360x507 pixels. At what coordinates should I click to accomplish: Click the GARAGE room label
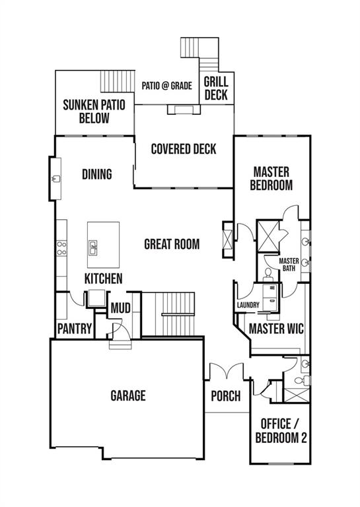click(x=127, y=395)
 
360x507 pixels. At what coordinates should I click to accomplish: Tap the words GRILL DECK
click(x=215, y=88)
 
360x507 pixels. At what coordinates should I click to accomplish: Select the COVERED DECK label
click(x=183, y=149)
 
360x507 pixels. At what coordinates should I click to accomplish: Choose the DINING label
click(x=97, y=174)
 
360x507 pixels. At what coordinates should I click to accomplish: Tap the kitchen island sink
click(x=94, y=248)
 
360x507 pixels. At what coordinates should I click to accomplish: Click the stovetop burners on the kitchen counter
click(x=61, y=248)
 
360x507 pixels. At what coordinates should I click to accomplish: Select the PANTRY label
click(x=74, y=328)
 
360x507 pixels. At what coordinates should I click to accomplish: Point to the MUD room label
click(x=120, y=308)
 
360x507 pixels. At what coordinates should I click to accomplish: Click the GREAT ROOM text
click(x=172, y=244)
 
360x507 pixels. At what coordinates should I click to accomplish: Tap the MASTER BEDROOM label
click(x=271, y=178)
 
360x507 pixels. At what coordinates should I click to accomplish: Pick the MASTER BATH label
click(x=289, y=264)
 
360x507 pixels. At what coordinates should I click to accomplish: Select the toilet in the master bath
click(x=269, y=272)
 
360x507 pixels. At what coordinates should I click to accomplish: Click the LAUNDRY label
click(x=248, y=305)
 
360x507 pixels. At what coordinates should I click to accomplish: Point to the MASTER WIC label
click(x=275, y=328)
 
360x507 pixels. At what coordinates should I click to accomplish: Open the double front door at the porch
click(x=226, y=371)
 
